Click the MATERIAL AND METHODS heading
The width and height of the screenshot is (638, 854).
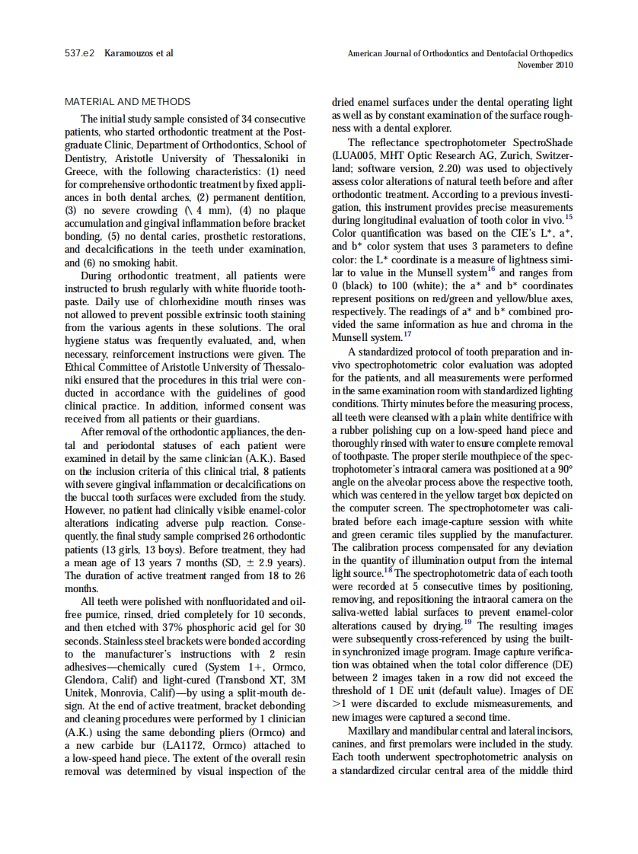click(x=128, y=102)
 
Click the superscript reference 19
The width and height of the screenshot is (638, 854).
click(x=467, y=623)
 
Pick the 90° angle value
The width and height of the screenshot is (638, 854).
click(x=564, y=469)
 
